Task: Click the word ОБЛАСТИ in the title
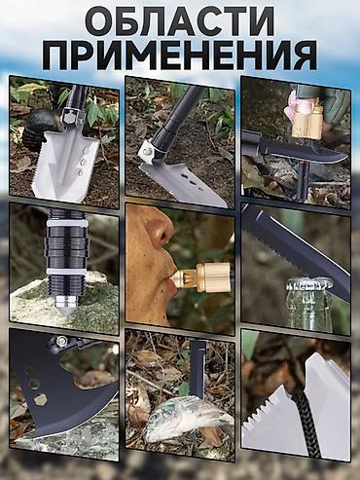click(x=180, y=22)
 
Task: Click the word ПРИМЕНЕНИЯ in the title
click(x=180, y=53)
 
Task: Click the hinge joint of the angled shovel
click(x=153, y=149)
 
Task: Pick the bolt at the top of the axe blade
click(x=60, y=342)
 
